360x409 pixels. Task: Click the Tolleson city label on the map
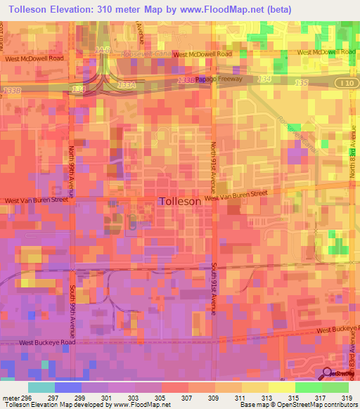181,200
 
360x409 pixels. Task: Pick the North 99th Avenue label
73,171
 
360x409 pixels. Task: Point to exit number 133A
126,84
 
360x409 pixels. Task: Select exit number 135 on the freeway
301,83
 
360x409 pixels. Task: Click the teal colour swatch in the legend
41,387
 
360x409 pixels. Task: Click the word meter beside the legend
8,398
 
